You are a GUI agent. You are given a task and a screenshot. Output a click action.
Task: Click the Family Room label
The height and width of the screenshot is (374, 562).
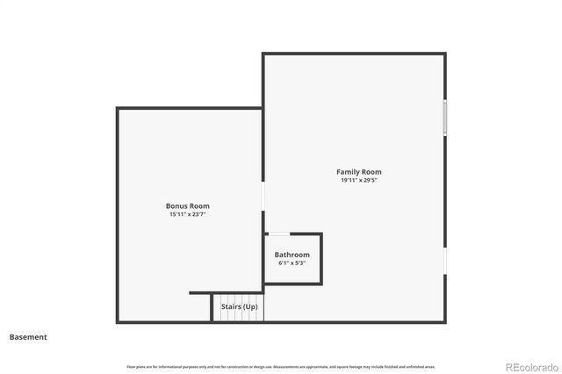(358, 172)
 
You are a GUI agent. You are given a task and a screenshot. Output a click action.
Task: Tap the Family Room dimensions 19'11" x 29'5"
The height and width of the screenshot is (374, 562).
(358, 180)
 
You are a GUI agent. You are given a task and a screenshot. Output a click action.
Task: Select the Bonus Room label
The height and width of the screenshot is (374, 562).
(188, 206)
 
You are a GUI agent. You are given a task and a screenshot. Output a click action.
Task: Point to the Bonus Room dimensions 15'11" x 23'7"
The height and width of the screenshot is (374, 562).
(188, 214)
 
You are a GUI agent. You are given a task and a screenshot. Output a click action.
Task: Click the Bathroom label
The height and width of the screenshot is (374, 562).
(292, 255)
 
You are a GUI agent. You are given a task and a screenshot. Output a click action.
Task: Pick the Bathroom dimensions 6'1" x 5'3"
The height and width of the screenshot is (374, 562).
(292, 263)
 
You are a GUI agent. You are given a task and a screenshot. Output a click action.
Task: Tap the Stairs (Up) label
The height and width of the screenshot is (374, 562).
(239, 307)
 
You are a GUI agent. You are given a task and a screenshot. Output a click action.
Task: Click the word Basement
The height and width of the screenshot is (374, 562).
(28, 336)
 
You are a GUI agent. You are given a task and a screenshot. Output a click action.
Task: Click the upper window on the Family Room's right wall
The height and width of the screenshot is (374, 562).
(445, 118)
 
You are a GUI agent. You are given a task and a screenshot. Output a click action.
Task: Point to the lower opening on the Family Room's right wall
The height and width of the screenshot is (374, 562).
(445, 260)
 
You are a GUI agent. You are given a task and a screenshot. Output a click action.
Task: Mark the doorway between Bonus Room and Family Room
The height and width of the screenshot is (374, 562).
(263, 195)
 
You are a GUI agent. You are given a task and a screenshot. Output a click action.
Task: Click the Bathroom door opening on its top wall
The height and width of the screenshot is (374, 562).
(279, 234)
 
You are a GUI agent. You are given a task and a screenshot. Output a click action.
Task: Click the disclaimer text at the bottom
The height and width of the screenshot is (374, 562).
(281, 366)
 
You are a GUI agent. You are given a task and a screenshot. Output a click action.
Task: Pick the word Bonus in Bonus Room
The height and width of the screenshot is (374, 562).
(177, 206)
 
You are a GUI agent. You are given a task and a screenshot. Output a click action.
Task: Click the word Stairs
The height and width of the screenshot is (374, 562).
(231, 307)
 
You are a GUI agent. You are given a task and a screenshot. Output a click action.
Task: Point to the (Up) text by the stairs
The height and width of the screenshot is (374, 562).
(250, 307)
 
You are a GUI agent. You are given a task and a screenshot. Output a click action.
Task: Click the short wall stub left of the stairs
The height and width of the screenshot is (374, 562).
(200, 293)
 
